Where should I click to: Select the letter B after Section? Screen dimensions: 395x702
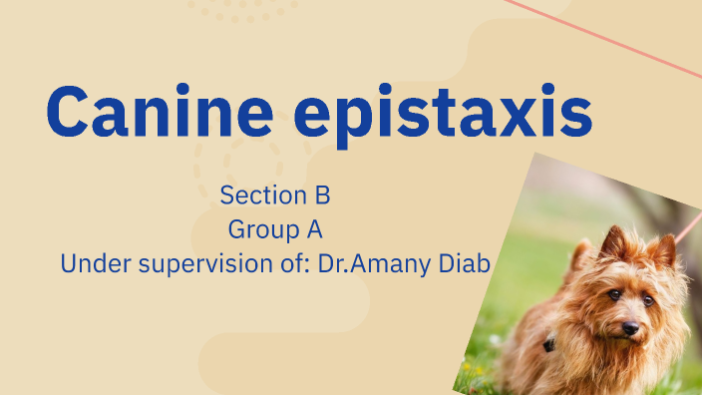(x=323, y=194)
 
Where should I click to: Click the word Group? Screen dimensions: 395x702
(x=262, y=229)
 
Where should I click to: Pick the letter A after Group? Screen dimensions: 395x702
(x=314, y=229)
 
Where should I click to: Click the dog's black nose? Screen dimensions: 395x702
(x=629, y=327)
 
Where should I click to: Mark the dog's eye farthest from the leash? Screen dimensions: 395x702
(x=614, y=295)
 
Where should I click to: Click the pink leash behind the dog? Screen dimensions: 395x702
(x=687, y=224)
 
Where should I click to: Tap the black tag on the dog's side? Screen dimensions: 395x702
(x=548, y=344)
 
